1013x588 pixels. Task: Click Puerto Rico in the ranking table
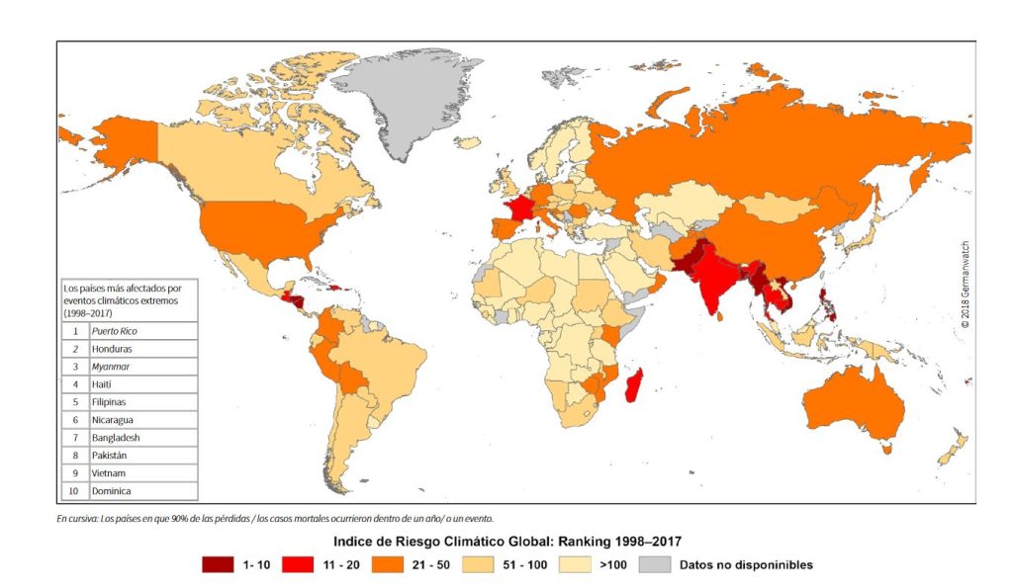point(112,332)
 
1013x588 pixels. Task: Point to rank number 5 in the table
point(75,402)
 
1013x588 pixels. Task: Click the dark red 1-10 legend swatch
point(218,565)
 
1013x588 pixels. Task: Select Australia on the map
point(857,405)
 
